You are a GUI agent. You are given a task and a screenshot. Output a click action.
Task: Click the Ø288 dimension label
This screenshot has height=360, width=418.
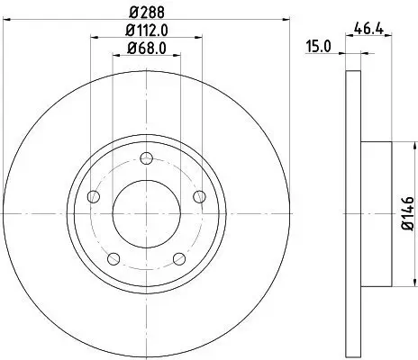[x=145, y=12]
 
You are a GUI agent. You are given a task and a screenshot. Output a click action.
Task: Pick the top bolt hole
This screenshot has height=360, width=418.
[x=145, y=155]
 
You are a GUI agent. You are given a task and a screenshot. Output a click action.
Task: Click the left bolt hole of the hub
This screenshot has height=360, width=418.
[x=93, y=198]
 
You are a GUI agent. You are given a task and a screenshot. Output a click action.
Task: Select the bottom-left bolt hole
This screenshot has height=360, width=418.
[x=113, y=259]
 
